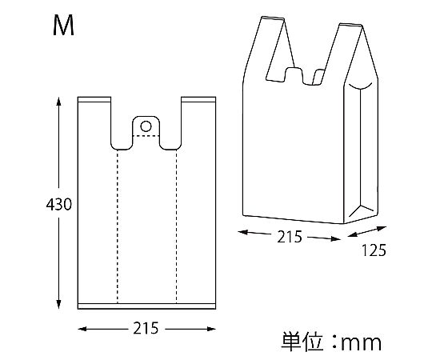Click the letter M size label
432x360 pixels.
(x=63, y=26)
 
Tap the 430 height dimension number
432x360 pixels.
(x=58, y=205)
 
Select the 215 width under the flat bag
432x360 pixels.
(x=146, y=328)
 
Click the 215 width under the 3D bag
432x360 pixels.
(x=290, y=237)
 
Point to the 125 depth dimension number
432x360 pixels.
(x=374, y=250)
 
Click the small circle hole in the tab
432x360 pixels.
(x=146, y=126)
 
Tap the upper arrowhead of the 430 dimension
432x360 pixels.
(x=58, y=101)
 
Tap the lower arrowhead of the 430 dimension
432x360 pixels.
(x=58, y=305)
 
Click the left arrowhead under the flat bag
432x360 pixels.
(x=82, y=329)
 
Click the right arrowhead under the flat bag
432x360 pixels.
(x=211, y=329)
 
